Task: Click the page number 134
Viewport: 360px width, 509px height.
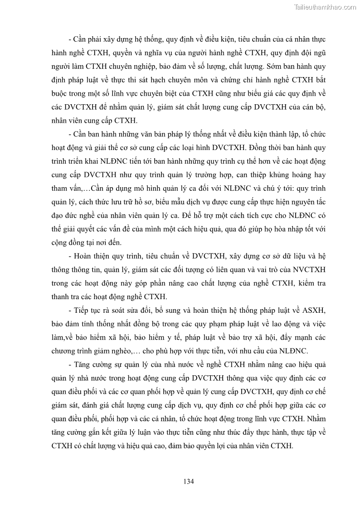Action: click(189, 481)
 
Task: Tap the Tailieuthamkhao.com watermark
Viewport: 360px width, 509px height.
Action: click(325, 7)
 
